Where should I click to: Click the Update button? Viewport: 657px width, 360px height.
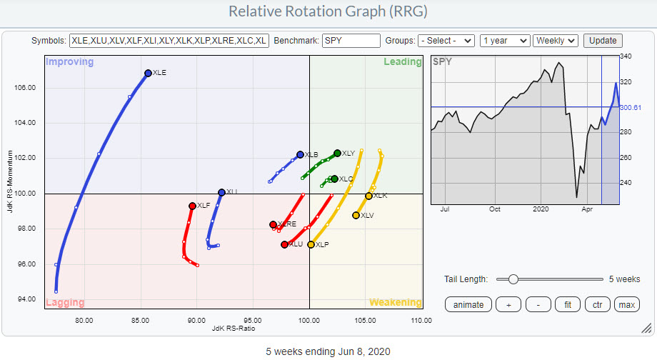[x=603, y=41]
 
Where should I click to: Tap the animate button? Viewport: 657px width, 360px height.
[x=468, y=305]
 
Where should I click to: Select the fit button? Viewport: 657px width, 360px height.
[x=568, y=305]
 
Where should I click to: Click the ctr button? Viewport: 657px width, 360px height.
[x=597, y=305]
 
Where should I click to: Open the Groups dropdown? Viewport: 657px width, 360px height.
[x=446, y=41]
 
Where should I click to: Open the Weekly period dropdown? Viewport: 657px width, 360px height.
[x=556, y=41]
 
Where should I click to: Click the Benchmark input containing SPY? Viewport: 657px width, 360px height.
[x=351, y=41]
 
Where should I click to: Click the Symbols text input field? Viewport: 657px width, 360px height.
[x=169, y=41]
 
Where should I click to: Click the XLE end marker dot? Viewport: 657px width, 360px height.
[x=148, y=73]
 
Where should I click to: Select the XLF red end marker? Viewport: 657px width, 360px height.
[x=192, y=206]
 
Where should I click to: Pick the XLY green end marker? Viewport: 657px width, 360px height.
[x=337, y=153]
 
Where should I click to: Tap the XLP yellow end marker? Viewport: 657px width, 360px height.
[x=311, y=244]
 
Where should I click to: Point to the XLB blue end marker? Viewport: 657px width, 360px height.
[x=300, y=154]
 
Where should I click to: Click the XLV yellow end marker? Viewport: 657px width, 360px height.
[x=356, y=215]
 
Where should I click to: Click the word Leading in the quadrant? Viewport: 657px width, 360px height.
[x=402, y=62]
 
